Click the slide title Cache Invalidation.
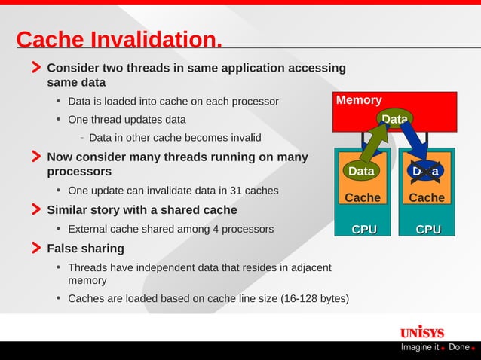[119, 39]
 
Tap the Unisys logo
[422, 332]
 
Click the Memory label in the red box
[359, 100]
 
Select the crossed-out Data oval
[425, 172]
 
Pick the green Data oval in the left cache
[361, 172]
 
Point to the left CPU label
[364, 229]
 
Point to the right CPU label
[428, 229]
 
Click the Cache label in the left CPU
[363, 198]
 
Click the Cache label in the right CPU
[427, 198]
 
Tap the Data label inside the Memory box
[394, 119]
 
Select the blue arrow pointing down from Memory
[414, 143]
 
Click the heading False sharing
[85, 249]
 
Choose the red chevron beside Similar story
[36, 209]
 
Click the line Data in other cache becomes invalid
[175, 138]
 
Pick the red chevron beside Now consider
[36, 157]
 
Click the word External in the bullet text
[89, 229]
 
